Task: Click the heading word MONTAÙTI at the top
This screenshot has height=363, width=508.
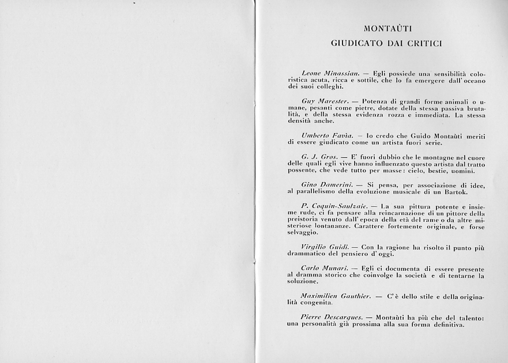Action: [x=387, y=28]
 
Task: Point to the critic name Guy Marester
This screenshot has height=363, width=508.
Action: [x=322, y=101]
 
